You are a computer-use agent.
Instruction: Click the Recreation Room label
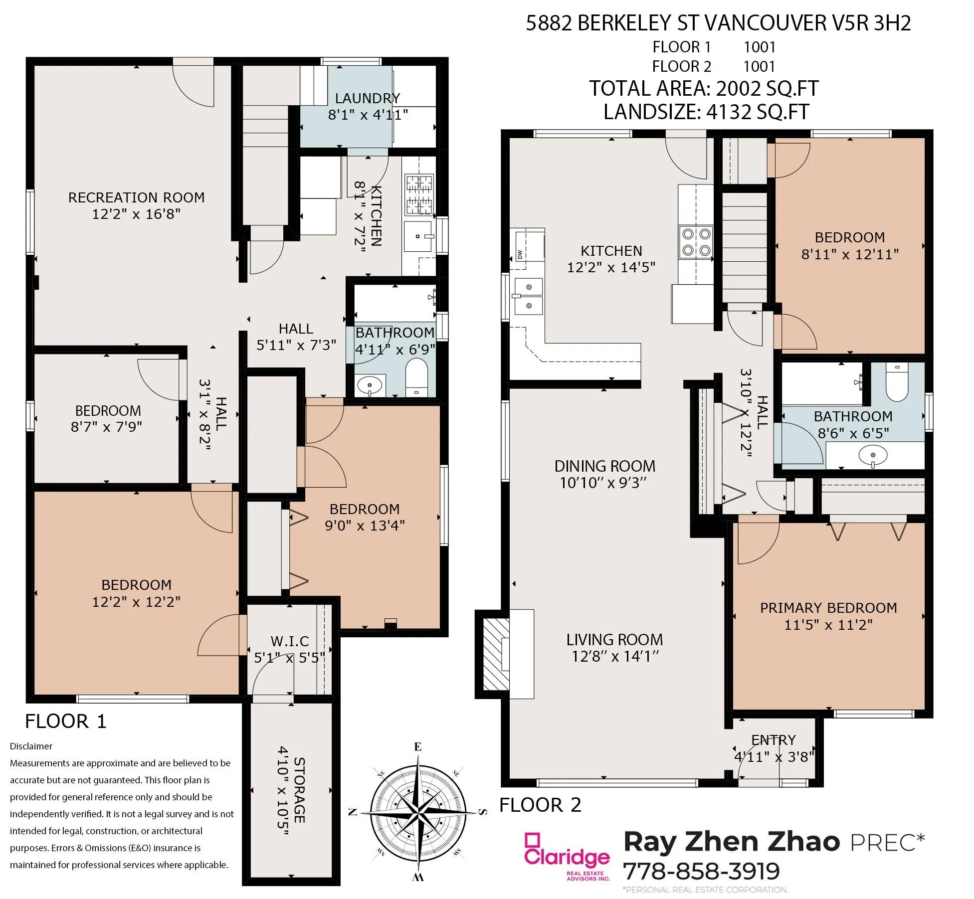136,197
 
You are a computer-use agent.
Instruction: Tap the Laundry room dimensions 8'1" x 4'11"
368,115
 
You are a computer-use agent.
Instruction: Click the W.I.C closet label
290,641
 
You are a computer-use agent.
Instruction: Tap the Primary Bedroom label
828,608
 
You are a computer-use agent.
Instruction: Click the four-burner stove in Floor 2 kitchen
696,242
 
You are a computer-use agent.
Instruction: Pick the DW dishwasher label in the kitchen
520,254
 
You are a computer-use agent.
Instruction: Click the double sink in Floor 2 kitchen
529,296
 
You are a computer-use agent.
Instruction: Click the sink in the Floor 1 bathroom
370,385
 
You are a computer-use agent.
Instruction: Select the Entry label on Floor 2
774,740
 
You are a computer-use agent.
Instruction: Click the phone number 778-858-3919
701,871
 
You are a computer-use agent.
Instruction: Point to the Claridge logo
567,856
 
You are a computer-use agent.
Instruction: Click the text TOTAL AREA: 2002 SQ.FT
704,88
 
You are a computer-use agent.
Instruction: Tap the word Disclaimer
31,746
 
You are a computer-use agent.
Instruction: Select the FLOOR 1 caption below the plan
66,721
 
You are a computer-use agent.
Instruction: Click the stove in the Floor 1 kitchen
419,194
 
